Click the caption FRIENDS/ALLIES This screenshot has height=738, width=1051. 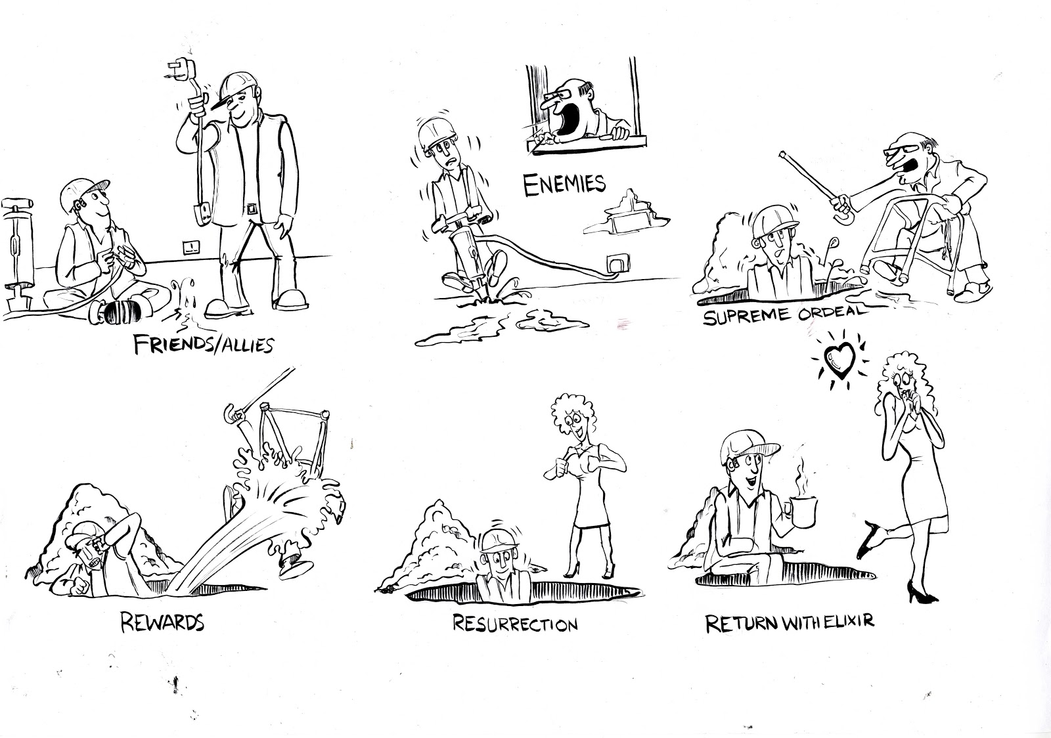[x=204, y=344]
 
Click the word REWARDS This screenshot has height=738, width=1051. [x=162, y=621]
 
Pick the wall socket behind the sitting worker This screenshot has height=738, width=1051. [x=190, y=248]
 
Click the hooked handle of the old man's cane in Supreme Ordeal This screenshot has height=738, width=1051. [x=838, y=211]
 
